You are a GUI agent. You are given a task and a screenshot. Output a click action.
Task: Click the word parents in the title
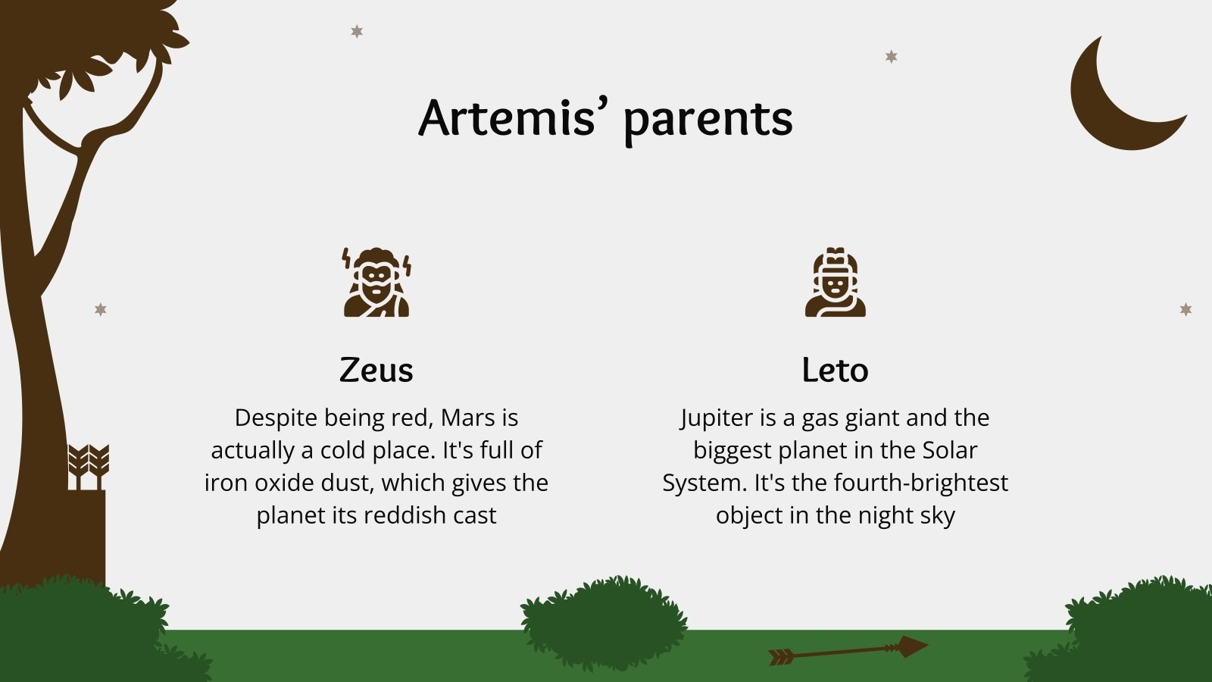[x=708, y=120]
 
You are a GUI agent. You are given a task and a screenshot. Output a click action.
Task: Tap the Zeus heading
[x=376, y=370]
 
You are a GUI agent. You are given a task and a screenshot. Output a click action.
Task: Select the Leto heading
[x=835, y=370]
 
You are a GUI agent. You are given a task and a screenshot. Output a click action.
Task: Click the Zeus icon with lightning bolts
[x=376, y=282]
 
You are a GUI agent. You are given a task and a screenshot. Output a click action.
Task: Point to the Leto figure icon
[x=835, y=282]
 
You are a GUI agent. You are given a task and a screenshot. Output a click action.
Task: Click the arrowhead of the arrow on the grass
[x=911, y=646]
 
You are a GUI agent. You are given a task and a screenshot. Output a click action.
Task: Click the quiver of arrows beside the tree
[x=88, y=485]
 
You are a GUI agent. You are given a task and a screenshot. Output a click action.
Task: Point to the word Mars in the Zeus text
[x=470, y=418]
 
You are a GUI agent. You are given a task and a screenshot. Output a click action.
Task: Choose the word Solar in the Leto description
[x=949, y=450]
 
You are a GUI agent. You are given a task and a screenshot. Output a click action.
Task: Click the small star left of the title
[x=357, y=31]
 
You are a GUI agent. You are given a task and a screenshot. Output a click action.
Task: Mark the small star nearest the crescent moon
[x=892, y=56]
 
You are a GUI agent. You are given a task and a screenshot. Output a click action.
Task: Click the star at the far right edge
[x=1185, y=309]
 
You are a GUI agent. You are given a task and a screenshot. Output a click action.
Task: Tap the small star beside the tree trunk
[x=100, y=309]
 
